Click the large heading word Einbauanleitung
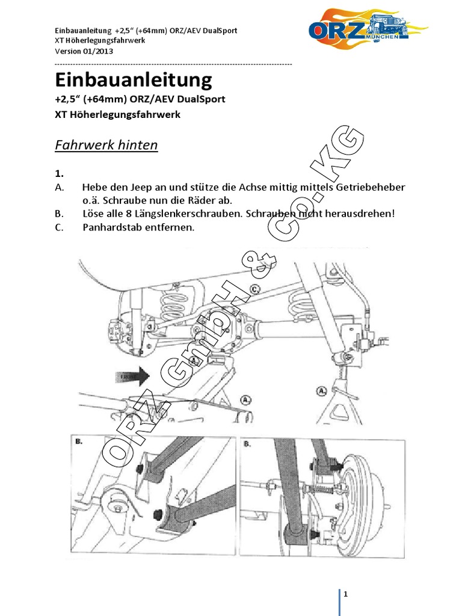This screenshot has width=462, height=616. (133, 79)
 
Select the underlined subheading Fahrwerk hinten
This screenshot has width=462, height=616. (106, 145)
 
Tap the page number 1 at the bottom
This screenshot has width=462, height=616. (346, 594)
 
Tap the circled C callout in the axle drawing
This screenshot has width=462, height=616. (255, 289)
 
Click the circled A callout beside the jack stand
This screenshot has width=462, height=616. (322, 391)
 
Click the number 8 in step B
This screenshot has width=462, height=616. (121, 214)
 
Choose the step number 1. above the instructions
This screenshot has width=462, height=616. (58, 174)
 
